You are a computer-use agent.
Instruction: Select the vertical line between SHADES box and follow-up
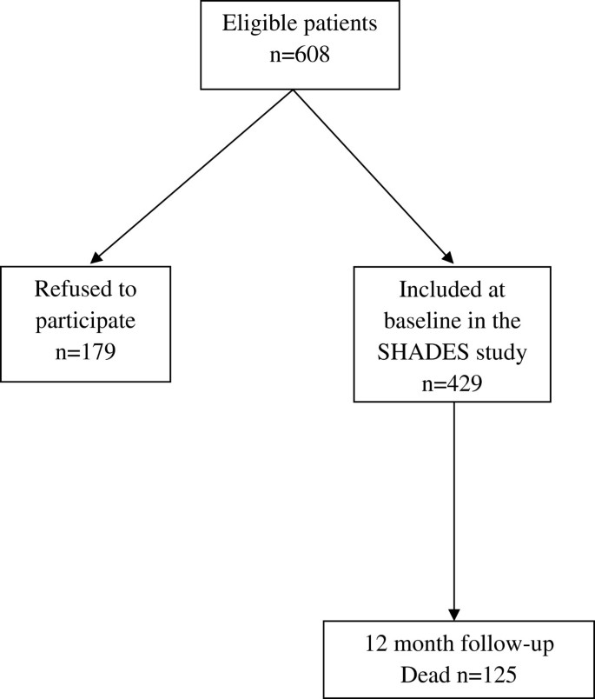(x=454, y=504)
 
